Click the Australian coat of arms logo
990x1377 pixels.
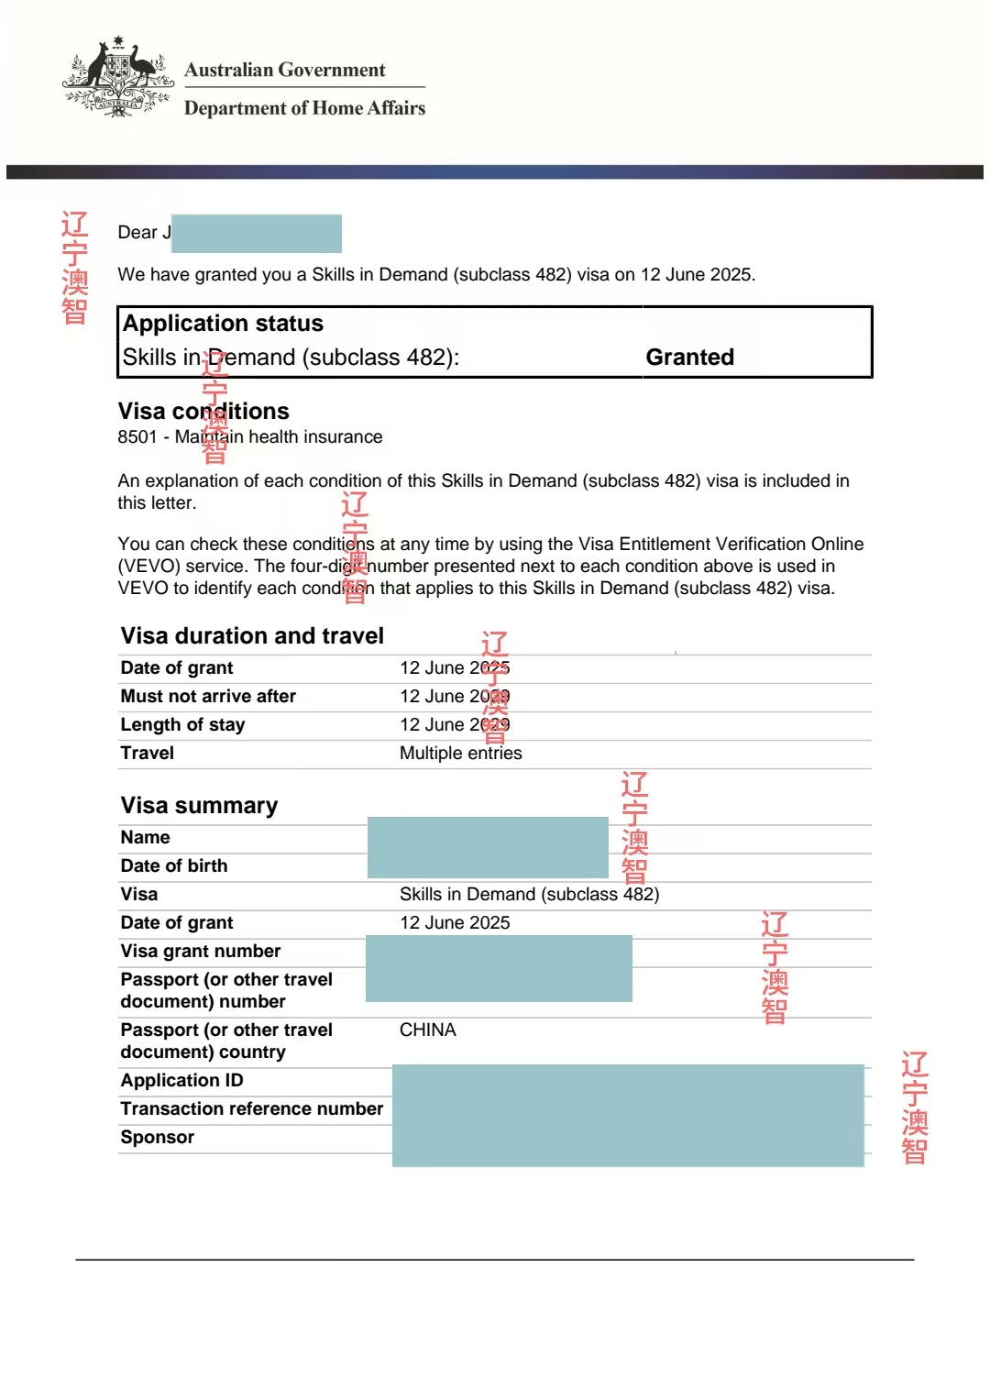[118, 78]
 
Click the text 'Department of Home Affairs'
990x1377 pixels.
[304, 108]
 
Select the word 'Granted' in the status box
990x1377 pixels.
[689, 357]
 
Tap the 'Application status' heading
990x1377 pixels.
[223, 324]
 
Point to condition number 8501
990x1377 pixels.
[137, 437]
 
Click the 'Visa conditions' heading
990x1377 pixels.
[203, 411]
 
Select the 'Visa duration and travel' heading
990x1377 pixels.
[252, 635]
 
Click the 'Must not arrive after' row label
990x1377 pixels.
[208, 696]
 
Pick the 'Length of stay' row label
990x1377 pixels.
[182, 724]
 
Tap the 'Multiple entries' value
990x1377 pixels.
[460, 753]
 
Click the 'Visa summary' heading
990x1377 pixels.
[199, 805]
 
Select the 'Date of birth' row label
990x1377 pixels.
[174, 865]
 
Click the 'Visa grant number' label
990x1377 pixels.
[201, 951]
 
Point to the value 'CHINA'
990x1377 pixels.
[427, 1030]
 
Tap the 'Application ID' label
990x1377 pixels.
[181, 1080]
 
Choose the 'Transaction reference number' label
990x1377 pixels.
[252, 1108]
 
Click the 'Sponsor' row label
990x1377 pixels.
[158, 1137]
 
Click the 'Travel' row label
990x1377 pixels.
[148, 753]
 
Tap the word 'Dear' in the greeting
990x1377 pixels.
[137, 233]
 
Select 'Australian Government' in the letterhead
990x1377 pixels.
[284, 70]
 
